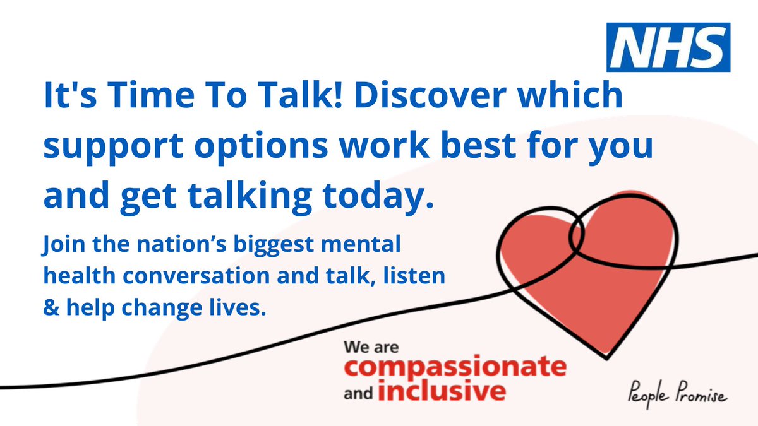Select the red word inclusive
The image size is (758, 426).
coord(442,389)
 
